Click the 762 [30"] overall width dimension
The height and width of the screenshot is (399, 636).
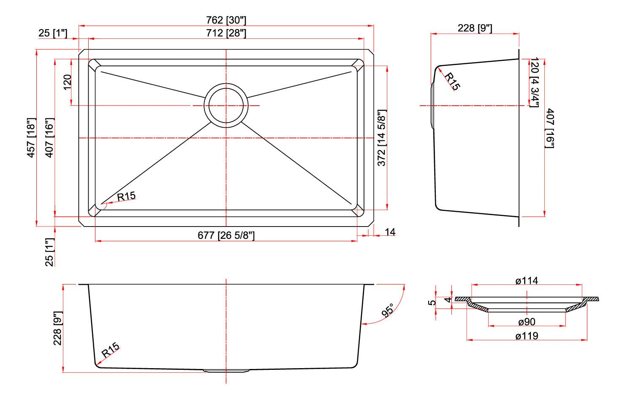(x=226, y=20)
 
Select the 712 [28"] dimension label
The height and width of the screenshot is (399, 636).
(x=226, y=33)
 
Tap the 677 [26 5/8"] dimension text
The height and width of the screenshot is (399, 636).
(x=226, y=235)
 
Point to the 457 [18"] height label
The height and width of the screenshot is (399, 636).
(x=31, y=137)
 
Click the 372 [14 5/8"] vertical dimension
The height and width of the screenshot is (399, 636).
(x=382, y=138)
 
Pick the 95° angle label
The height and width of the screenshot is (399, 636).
(x=388, y=310)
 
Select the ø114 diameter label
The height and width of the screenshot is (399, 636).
(x=527, y=281)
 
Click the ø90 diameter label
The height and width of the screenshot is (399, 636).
(x=527, y=322)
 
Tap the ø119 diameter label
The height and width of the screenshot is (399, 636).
(x=527, y=336)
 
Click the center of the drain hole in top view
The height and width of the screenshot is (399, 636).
(x=226, y=106)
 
